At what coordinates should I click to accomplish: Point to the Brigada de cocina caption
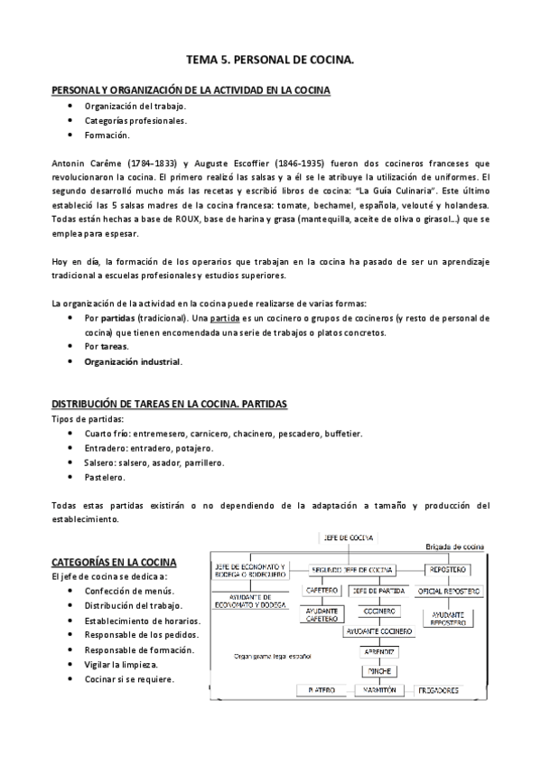click(456, 546)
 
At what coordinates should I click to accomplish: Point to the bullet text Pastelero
click(105, 476)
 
